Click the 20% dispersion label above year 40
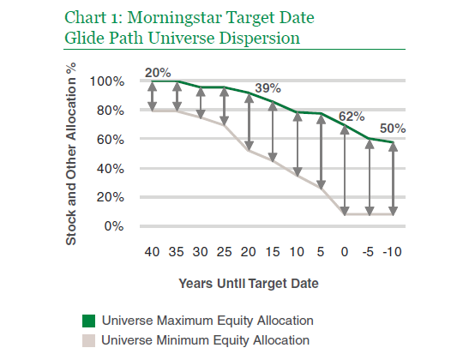pyautogui.click(x=158, y=73)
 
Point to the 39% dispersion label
pyautogui.click(x=268, y=88)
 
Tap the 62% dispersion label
pyautogui.click(x=352, y=117)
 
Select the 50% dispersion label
pyautogui.click(x=393, y=129)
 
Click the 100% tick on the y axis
pyautogui.click(x=107, y=81)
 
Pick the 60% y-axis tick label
pyautogui.click(x=111, y=139)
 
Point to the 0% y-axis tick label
pyautogui.click(x=114, y=226)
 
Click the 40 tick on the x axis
pyautogui.click(x=152, y=252)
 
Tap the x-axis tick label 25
pyautogui.click(x=224, y=252)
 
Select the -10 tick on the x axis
pyautogui.click(x=392, y=252)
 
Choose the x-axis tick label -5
pyautogui.click(x=368, y=252)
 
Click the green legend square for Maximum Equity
pyautogui.click(x=88, y=321)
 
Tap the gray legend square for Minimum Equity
pyautogui.click(x=88, y=340)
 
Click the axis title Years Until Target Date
pyautogui.click(x=249, y=284)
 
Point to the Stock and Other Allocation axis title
pyautogui.click(x=71, y=153)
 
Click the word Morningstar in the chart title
pyautogui.click(x=174, y=18)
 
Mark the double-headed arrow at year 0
pyautogui.click(x=345, y=171)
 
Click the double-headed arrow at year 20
pyautogui.click(x=250, y=122)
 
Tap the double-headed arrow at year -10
pyautogui.click(x=393, y=179)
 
